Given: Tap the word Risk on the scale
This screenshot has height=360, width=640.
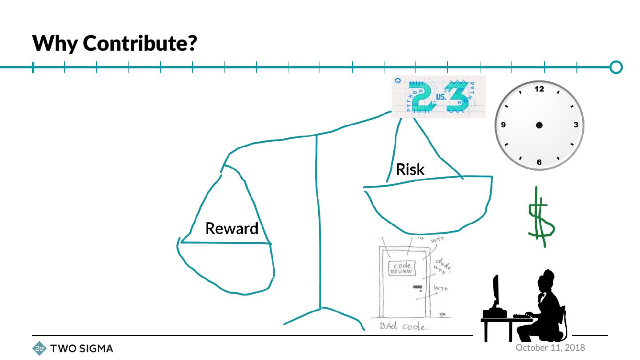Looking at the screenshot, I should (x=410, y=169).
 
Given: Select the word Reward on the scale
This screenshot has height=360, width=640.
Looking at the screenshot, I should (x=232, y=229).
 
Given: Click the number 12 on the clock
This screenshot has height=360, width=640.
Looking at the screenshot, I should (x=539, y=89).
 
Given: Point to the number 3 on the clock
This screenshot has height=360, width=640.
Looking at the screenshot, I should (x=576, y=125).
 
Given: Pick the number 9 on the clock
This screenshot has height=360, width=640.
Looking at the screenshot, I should (x=503, y=125).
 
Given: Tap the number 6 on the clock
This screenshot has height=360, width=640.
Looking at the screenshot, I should (x=539, y=162).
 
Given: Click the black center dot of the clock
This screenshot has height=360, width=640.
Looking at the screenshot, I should (x=539, y=125).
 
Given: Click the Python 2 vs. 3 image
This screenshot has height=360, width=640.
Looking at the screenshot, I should (x=438, y=96).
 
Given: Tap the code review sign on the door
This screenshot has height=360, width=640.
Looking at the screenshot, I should (x=402, y=268).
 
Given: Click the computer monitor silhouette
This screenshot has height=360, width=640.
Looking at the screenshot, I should (x=496, y=291).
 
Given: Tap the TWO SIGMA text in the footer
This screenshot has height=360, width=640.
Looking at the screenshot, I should (x=82, y=349).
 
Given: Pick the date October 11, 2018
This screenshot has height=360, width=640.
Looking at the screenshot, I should (x=550, y=348).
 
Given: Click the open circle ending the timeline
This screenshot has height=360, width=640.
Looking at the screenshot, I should (x=616, y=67).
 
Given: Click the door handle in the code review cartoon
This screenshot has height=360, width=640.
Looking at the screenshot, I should (x=417, y=287).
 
